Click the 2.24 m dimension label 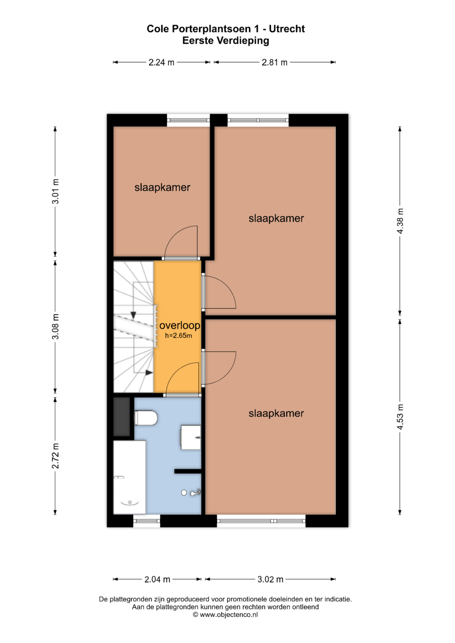pos(161,62)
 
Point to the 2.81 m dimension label pos(274,62)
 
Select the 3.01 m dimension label pos(55,191)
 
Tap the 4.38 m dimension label pos(400,221)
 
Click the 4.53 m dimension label pos(400,416)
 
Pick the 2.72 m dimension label pos(55,456)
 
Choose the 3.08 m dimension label pos(55,326)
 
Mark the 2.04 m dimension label pos(157,579)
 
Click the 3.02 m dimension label pos(270,579)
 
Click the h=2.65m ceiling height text pos(178,335)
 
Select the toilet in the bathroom pos(146,418)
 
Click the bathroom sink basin pos(190,437)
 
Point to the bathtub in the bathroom pos(130,477)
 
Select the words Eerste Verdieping pos(226,40)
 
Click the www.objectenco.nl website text pos(229,614)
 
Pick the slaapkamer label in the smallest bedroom pos(162,187)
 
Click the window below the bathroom pos(147,521)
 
